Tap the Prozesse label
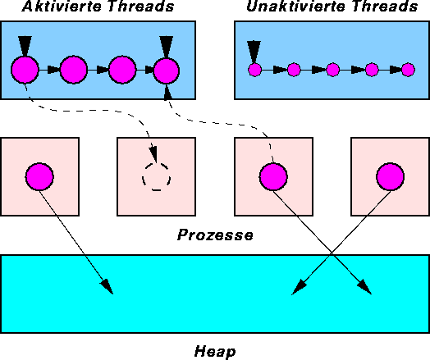(x=215, y=235)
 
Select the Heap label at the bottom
(x=215, y=351)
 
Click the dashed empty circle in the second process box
(x=156, y=163)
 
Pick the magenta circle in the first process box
(x=39, y=176)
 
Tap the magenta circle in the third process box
(x=273, y=176)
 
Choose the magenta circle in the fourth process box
(x=391, y=176)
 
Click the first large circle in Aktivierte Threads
(x=25, y=70)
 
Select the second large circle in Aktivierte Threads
(x=74, y=70)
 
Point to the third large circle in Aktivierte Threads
(x=122, y=70)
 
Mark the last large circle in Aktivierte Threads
(x=167, y=71)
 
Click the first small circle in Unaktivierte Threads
(x=254, y=70)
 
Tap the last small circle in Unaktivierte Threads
(x=408, y=70)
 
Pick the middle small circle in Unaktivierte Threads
(x=333, y=70)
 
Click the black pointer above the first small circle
(x=254, y=52)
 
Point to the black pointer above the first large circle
(x=25, y=46)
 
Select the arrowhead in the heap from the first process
(x=107, y=287)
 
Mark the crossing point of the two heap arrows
(x=332, y=253)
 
